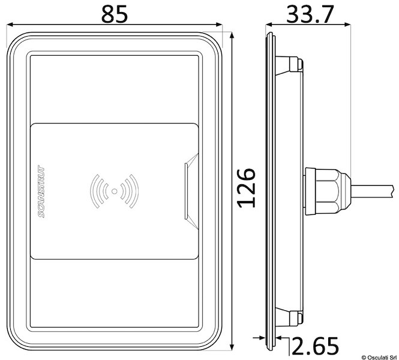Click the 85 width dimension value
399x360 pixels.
coord(114,14)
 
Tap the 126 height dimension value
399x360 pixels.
coord(246,188)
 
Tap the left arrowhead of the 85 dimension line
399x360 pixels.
coord(10,26)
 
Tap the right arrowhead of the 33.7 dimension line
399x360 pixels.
coord(347,26)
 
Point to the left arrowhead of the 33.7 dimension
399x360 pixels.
coord(268,26)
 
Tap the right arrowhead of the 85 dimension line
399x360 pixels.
coord(220,26)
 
